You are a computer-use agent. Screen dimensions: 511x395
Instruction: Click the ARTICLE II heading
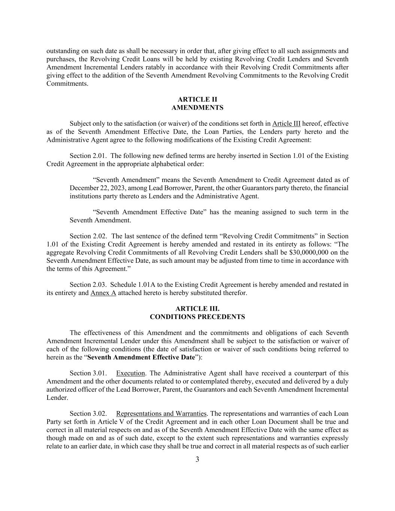click(x=197, y=100)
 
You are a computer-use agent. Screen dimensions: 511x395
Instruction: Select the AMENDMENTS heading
click(x=197, y=108)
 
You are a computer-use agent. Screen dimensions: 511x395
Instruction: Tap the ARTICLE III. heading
click(x=197, y=309)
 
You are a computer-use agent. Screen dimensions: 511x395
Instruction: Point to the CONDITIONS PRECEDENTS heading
click(x=197, y=317)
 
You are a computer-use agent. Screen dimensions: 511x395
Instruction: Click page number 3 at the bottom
click(x=197, y=460)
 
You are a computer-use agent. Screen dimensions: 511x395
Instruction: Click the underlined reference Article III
click(x=286, y=124)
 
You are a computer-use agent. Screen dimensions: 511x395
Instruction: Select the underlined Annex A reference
click(x=103, y=293)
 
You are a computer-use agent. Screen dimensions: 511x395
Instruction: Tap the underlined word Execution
click(x=130, y=374)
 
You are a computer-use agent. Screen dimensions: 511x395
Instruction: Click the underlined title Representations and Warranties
click(x=161, y=414)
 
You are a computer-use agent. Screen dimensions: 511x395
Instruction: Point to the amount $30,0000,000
click(x=300, y=252)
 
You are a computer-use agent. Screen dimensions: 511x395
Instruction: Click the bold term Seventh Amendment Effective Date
click(x=141, y=358)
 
